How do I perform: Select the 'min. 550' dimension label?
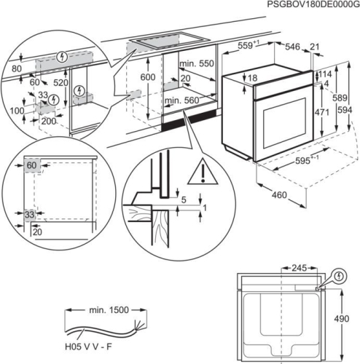[197, 64]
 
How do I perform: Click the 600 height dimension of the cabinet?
[148, 77]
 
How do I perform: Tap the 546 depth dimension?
[292, 47]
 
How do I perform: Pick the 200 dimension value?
[48, 121]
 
